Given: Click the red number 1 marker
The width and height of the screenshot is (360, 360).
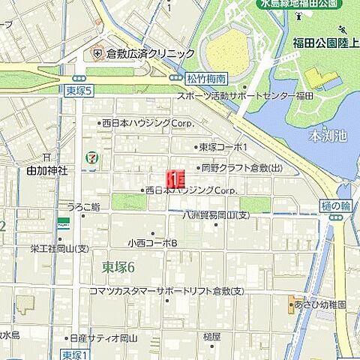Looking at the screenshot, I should [x=174, y=179].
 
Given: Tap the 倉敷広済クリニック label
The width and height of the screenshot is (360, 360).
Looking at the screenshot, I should [x=150, y=54].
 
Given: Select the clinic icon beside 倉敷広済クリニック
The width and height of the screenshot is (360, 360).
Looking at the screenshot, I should [x=97, y=54].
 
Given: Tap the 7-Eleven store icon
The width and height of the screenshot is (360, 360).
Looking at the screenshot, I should [x=91, y=158].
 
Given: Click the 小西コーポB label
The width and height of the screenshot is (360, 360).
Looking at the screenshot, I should [x=152, y=243].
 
